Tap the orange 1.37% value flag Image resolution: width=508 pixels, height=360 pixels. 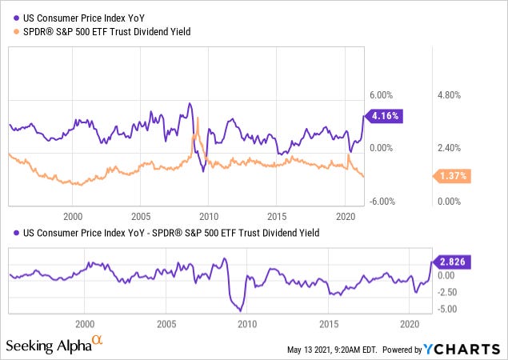tap(451, 176)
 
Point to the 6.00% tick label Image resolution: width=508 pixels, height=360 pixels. tap(382, 94)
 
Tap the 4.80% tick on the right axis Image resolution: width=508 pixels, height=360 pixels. tap(450, 94)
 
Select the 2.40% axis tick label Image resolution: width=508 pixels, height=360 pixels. tap(450, 148)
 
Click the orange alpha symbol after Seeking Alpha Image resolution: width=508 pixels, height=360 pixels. tap(98, 342)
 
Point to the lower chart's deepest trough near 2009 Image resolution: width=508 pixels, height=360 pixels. tap(240, 310)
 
